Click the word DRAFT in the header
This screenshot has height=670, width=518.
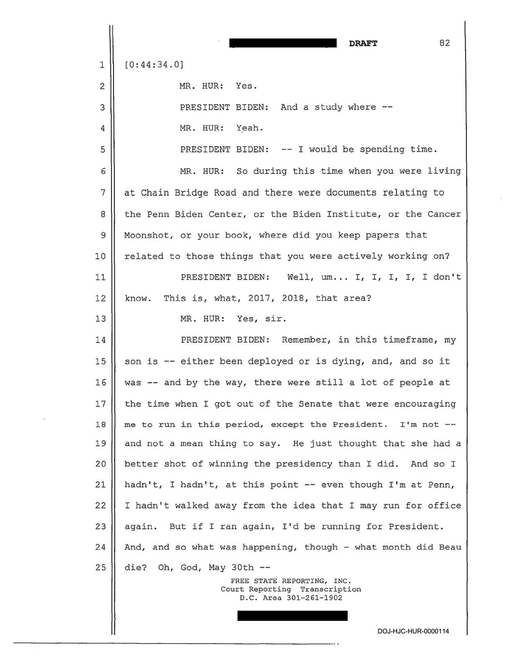click(x=363, y=44)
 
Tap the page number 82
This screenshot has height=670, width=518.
click(x=445, y=43)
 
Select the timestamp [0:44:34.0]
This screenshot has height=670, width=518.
click(x=154, y=64)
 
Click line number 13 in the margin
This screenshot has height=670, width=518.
click(x=101, y=319)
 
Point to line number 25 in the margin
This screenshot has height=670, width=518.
click(x=101, y=568)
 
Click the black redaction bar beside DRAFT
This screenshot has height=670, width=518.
click(x=283, y=43)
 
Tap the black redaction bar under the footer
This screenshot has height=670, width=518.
click(x=292, y=616)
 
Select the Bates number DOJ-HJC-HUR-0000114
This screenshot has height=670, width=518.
click(x=413, y=631)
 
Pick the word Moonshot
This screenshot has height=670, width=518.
click(x=149, y=235)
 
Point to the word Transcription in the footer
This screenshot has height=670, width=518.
click(x=330, y=589)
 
